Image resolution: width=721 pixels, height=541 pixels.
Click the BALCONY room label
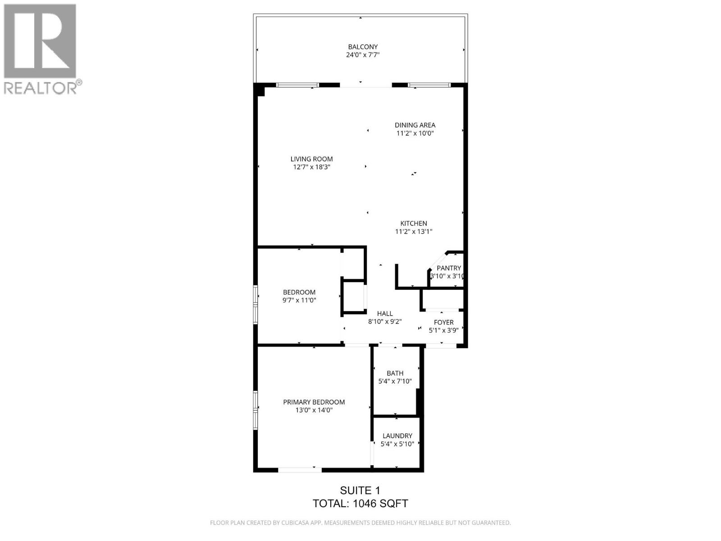click(x=362, y=47)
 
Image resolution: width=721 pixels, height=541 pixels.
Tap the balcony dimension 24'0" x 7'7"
click(x=362, y=55)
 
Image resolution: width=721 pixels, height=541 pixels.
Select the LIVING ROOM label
click(x=311, y=159)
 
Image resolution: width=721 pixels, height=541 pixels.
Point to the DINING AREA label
click(x=415, y=125)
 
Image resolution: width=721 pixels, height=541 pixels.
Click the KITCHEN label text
click(x=414, y=224)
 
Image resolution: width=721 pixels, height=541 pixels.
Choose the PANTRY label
click(x=448, y=268)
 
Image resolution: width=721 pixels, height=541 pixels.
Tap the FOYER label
click(x=443, y=322)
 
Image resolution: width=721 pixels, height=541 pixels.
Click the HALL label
click(x=385, y=314)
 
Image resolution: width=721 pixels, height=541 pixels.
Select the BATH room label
click(x=395, y=373)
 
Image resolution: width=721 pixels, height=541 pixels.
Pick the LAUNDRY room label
click(x=397, y=436)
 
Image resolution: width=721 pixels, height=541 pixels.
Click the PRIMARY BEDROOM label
click(x=314, y=402)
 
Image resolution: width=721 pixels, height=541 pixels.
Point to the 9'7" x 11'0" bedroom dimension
click(x=299, y=300)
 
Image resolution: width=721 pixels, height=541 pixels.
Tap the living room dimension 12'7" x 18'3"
click(x=311, y=167)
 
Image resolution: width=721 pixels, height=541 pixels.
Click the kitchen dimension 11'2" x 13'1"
click(x=414, y=232)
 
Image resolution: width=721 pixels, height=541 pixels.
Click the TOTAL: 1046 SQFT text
click(x=360, y=504)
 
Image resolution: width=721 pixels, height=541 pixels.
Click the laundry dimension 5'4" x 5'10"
click(x=397, y=444)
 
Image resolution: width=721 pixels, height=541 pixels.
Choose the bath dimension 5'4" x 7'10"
click(x=395, y=381)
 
